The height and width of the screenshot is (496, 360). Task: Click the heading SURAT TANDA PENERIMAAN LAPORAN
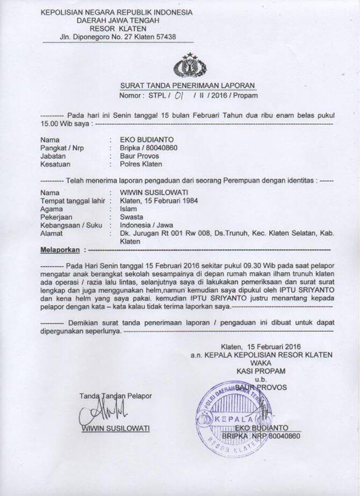188,85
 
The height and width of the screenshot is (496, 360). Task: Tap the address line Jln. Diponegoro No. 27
118,37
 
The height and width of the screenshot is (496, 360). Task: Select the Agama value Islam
128,208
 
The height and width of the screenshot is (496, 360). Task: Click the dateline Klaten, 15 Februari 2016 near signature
260,347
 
